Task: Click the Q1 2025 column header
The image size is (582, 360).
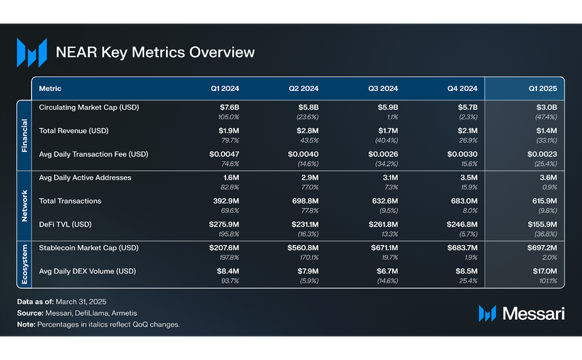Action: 543,89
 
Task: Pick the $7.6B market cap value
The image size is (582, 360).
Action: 228,108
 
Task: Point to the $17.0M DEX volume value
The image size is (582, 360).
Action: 544,272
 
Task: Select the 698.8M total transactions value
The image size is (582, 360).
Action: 303,201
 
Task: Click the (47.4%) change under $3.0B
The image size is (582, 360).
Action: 545,117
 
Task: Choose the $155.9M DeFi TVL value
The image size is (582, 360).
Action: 541,225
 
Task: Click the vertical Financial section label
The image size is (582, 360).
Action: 24,131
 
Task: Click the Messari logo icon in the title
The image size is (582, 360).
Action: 31,52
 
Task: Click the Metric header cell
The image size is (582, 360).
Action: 50,89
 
